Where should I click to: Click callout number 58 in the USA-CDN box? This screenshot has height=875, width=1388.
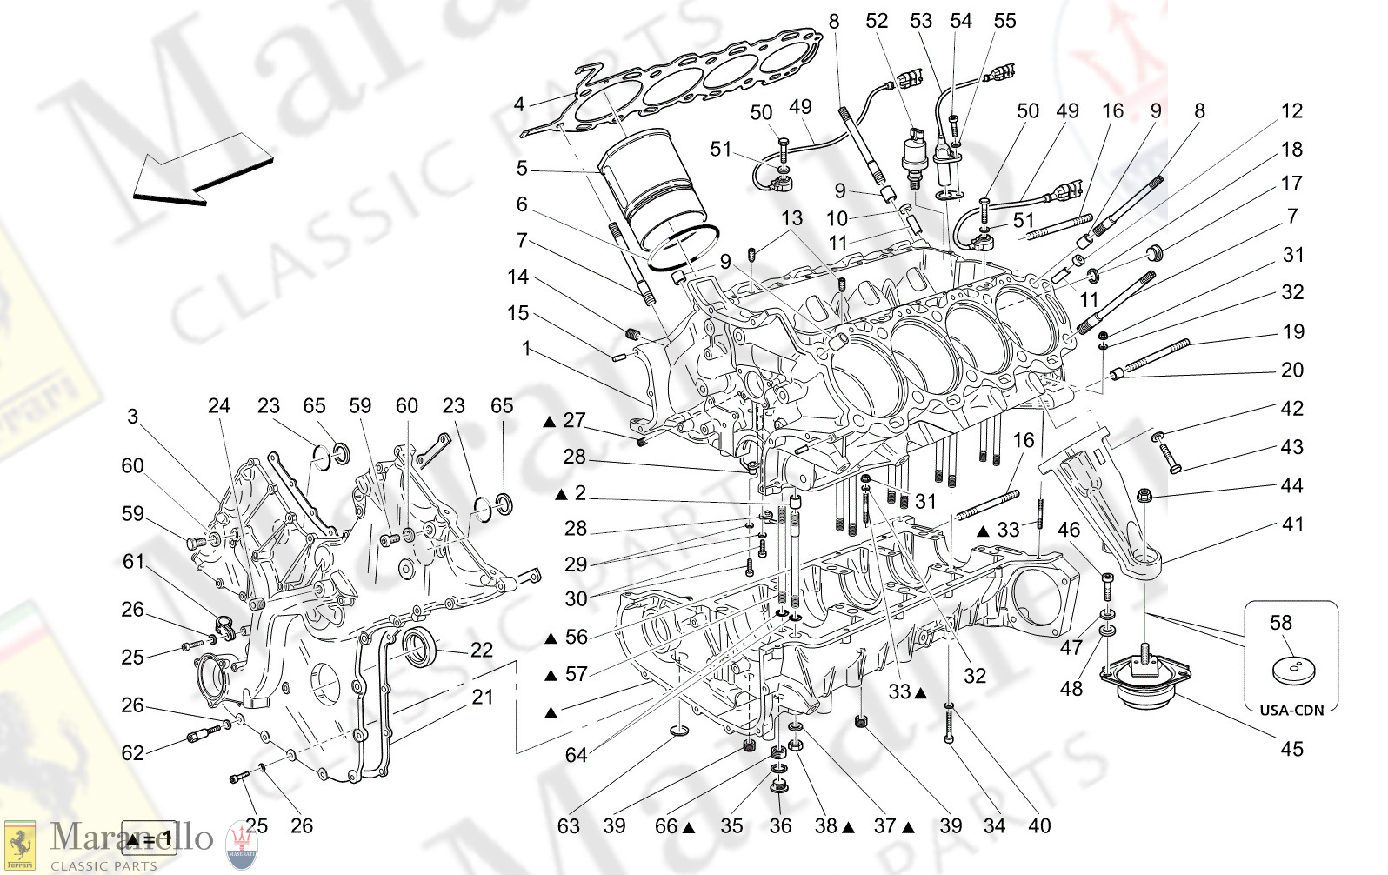point(1280,623)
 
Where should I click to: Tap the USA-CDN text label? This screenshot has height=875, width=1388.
point(1291,710)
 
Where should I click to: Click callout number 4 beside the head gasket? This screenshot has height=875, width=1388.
point(519,104)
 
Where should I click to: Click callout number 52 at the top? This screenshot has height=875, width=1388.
point(877,21)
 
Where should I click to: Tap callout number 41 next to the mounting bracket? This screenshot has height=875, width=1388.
point(1292,524)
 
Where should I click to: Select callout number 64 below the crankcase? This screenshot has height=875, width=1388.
point(576,755)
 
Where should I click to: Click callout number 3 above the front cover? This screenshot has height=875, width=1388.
point(132,417)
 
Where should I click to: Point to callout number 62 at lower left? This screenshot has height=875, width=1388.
point(132,752)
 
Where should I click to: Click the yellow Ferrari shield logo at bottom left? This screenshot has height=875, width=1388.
point(19,844)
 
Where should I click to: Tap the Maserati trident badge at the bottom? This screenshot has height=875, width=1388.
point(241,845)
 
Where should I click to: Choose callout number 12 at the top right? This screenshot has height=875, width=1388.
point(1291,110)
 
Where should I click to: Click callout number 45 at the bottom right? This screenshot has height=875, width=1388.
point(1291,749)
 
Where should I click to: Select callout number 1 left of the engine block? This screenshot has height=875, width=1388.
point(525,348)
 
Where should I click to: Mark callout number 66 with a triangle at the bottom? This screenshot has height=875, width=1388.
point(667,826)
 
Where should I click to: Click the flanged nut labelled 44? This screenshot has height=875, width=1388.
point(1144,497)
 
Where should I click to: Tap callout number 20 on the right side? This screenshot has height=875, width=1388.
point(1292,370)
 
